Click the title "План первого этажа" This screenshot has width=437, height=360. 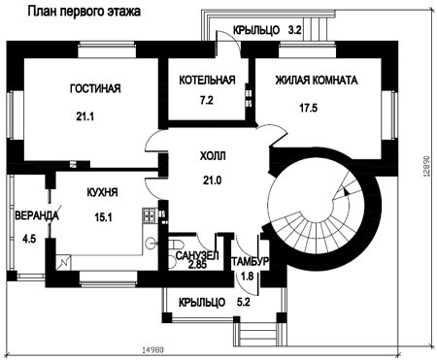(84, 12)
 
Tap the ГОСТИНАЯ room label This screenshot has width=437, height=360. (95, 88)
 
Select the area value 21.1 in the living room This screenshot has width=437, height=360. (85, 115)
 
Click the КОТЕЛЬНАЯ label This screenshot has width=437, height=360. (207, 80)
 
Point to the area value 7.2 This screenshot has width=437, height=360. (207, 100)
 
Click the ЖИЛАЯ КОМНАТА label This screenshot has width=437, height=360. (317, 80)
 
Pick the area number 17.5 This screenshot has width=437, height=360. (309, 108)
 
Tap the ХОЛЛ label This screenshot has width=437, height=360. (213, 156)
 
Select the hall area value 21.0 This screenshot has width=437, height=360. (213, 180)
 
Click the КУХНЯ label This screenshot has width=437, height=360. (102, 192)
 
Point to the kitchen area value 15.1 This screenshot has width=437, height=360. (104, 217)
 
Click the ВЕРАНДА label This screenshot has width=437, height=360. (37, 215)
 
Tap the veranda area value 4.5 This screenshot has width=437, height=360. (29, 240)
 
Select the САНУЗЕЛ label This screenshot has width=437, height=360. (197, 255)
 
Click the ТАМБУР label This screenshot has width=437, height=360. (250, 261)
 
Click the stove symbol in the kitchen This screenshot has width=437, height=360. (150, 215)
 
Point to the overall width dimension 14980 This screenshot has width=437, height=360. (152, 350)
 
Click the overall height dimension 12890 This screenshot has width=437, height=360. (427, 166)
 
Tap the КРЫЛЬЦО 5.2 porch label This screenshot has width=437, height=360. (215, 303)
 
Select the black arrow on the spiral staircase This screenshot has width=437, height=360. (347, 192)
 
